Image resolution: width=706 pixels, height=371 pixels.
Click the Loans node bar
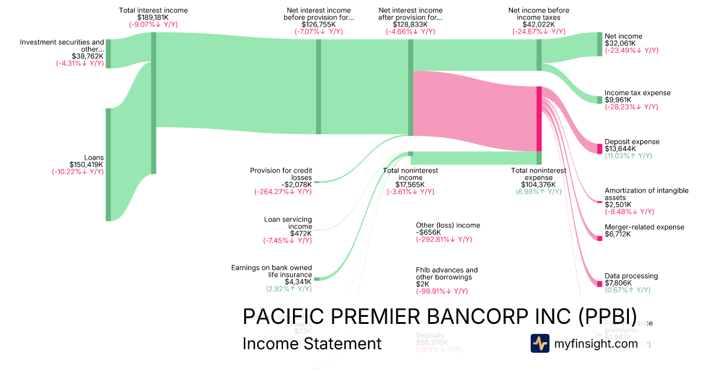pos(108,164)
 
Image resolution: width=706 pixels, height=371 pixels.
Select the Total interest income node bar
pos(154,103)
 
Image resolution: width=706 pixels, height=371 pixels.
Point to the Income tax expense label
pos(637,93)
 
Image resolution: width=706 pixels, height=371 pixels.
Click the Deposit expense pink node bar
pos(600,149)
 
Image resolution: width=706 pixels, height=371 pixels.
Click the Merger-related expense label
pos(644,227)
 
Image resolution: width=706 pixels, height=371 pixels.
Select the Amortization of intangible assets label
pos(646,194)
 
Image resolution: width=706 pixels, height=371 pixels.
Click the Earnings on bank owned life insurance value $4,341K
pos(298,281)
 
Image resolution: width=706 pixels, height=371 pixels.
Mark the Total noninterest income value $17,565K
pos(411,184)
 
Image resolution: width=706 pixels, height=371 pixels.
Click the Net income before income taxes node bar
pos(539,55)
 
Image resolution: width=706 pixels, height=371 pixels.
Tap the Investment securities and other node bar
pos(108,54)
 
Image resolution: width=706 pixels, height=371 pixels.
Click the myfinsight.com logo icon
pos(540,343)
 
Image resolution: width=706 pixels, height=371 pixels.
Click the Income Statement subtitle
pos(312,343)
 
